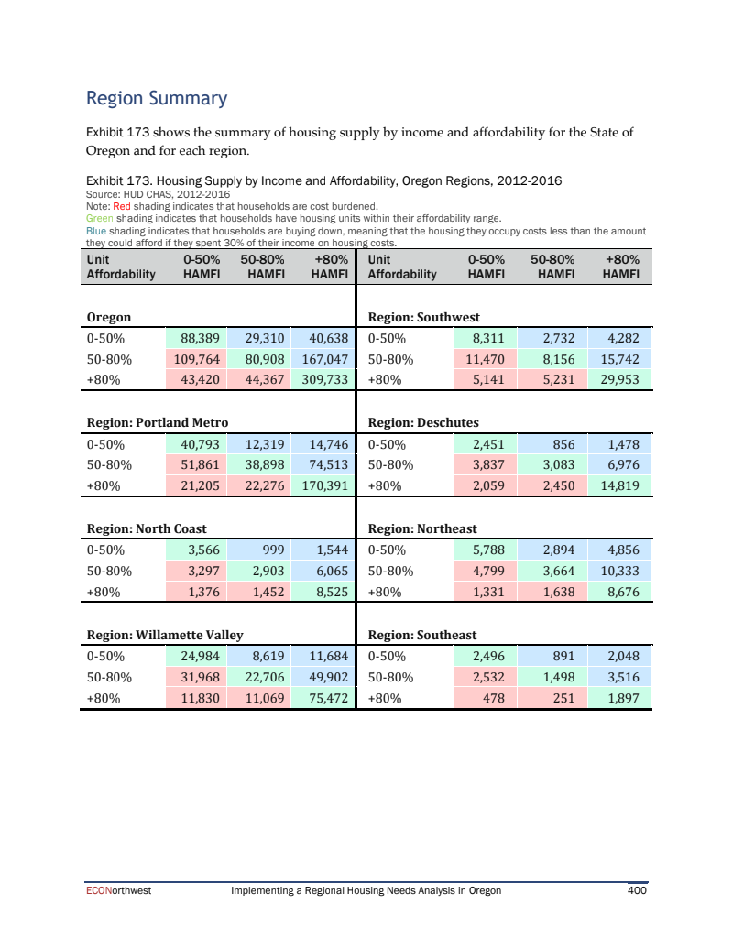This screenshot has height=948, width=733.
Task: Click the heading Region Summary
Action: click(x=156, y=98)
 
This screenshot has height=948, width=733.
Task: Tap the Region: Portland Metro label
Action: click(x=157, y=422)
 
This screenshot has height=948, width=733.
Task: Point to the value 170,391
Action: click(x=319, y=486)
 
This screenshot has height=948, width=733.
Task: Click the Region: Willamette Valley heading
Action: click(x=164, y=634)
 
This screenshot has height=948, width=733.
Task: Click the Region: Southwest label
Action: click(x=423, y=317)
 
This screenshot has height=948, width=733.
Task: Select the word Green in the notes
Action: click(x=99, y=219)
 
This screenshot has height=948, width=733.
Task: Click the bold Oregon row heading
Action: click(x=108, y=317)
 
